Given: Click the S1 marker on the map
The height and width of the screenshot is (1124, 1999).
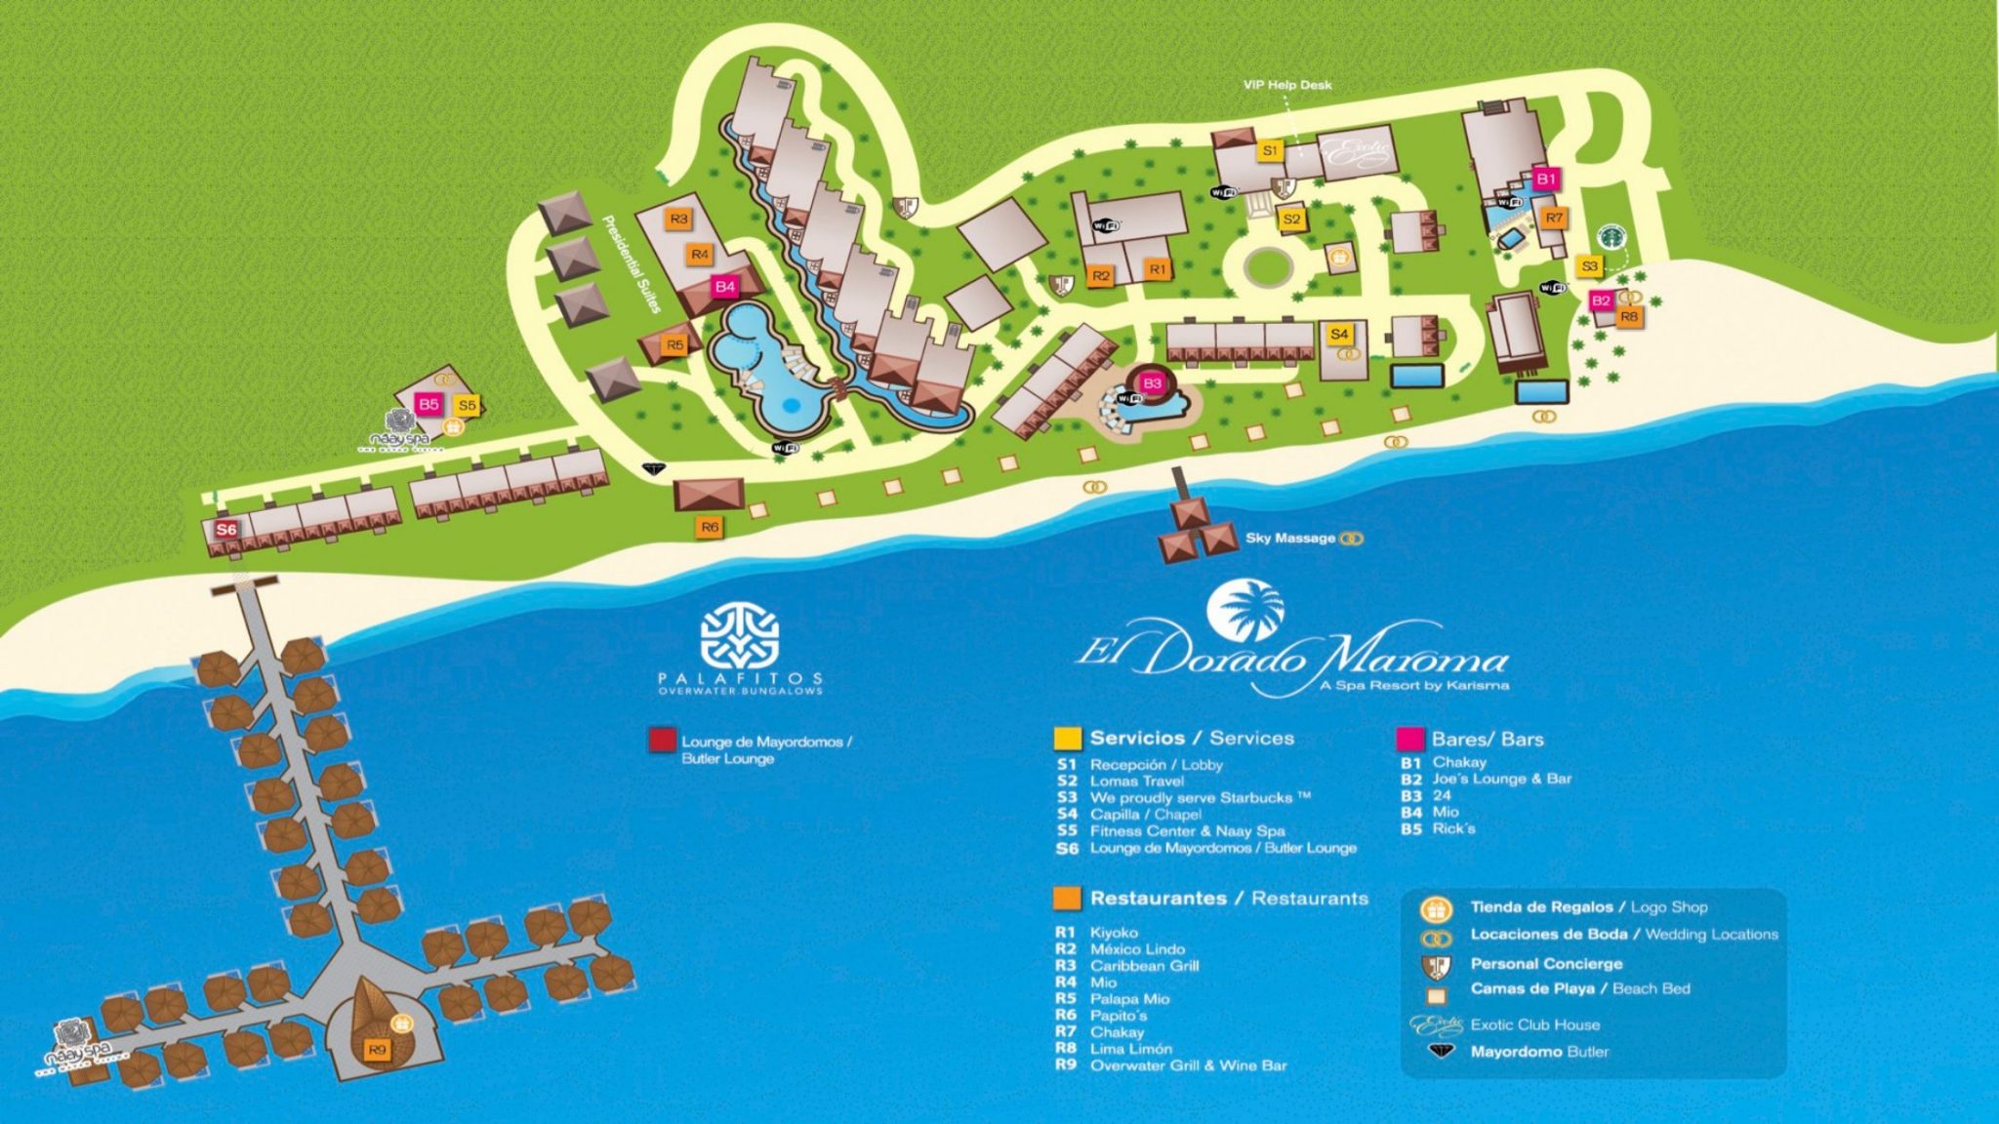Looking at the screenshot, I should pyautogui.click(x=1269, y=151).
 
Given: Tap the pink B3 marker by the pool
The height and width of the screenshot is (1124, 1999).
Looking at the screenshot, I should pyautogui.click(x=1152, y=383).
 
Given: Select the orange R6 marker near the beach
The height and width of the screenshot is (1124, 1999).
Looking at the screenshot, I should pyautogui.click(x=710, y=527).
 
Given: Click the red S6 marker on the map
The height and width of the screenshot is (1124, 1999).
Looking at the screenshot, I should pyautogui.click(x=226, y=529).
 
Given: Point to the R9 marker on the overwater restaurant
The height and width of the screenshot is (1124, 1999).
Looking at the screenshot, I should pyautogui.click(x=377, y=1050).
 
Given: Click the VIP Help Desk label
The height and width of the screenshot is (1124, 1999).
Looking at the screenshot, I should pyautogui.click(x=1287, y=85).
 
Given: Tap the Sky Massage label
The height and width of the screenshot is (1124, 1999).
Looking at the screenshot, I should pyautogui.click(x=1289, y=538).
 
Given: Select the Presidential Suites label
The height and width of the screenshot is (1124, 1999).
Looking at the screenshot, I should pyautogui.click(x=632, y=263).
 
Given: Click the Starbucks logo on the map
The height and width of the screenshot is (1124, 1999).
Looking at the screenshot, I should pyautogui.click(x=1611, y=236).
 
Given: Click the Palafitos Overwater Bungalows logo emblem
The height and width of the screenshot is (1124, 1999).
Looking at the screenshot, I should pyautogui.click(x=739, y=635).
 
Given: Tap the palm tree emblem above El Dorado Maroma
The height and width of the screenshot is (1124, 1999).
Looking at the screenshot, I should pyautogui.click(x=1244, y=611).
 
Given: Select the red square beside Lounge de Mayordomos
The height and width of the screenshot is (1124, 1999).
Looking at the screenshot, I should pyautogui.click(x=662, y=741).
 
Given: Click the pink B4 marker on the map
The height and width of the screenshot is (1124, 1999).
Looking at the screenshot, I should pyautogui.click(x=724, y=286).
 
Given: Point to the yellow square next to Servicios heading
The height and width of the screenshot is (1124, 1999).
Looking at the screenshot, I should pyautogui.click(x=1067, y=739).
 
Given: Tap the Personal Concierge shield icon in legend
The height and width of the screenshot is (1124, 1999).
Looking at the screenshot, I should pyautogui.click(x=1436, y=964).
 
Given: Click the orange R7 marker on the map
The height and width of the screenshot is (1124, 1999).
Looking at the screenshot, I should pyautogui.click(x=1554, y=218).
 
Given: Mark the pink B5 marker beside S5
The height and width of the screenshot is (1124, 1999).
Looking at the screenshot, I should pyautogui.click(x=428, y=404).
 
